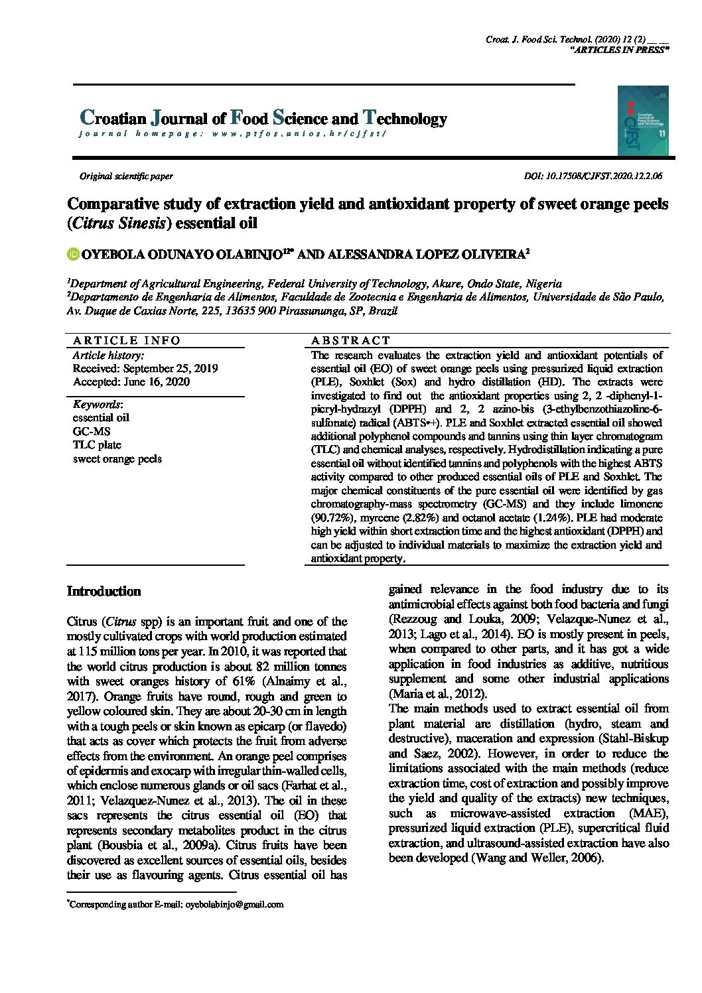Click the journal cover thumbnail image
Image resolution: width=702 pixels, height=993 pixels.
coord(642,120)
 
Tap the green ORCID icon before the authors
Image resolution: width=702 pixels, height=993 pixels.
coord(72,253)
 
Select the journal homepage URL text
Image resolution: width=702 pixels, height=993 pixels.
coord(232,133)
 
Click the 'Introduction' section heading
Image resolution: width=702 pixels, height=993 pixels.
coord(104,591)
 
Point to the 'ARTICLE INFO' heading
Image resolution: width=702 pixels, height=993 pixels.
coord(126,340)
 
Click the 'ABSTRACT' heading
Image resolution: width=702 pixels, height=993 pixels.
coord(351,340)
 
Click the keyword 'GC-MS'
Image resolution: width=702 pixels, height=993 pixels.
coord(92,431)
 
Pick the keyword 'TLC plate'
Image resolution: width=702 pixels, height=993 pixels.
coord(97,444)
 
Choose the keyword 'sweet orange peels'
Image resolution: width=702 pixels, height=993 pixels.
coord(117,458)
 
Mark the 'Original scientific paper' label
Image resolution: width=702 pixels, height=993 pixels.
coord(126,176)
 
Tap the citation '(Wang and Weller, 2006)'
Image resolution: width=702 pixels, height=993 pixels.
coord(537,858)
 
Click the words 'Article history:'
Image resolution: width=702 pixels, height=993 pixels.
coord(107,355)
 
